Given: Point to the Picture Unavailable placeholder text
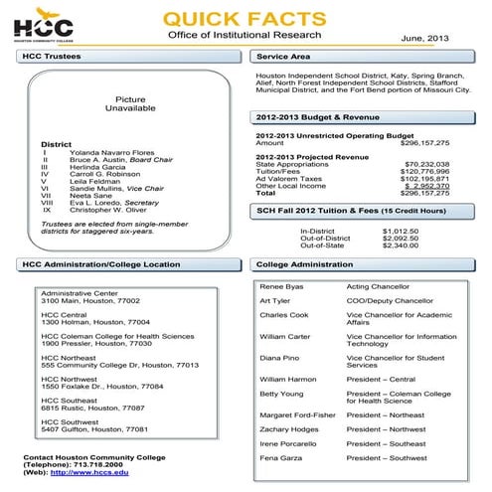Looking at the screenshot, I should pyautogui.click(x=130, y=105).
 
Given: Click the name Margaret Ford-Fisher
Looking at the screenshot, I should pyautogui.click(x=295, y=414).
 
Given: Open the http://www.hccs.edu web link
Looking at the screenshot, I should pyautogui.click(x=89, y=471).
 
